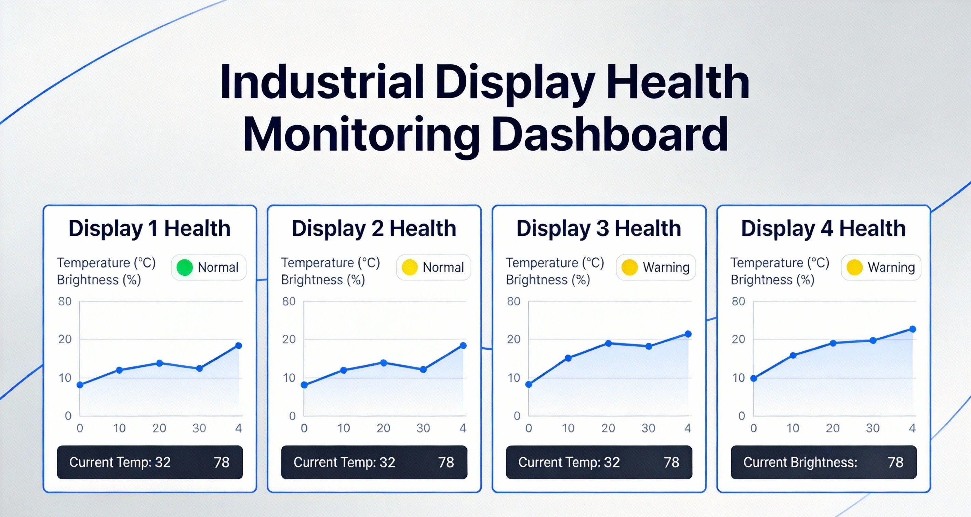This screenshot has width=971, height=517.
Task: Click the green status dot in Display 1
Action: click(185, 267)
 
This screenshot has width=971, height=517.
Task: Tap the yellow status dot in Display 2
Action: click(409, 267)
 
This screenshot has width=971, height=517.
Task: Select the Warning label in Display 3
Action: click(666, 267)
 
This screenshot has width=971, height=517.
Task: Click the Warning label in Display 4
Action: click(891, 267)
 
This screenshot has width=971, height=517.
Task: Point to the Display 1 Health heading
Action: click(149, 229)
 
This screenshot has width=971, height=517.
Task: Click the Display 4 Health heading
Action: click(823, 229)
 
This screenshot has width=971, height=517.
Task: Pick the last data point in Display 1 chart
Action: click(238, 346)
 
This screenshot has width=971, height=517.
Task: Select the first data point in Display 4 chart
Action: click(754, 378)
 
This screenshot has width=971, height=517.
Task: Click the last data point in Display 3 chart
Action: click(688, 334)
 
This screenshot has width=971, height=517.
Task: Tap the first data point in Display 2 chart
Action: click(304, 385)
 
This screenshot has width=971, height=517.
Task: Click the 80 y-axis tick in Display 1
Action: click(65, 301)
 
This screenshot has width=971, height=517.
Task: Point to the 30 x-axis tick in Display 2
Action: click(423, 428)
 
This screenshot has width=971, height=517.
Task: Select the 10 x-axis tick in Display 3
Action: click(568, 428)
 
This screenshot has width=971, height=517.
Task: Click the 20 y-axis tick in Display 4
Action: click(739, 339)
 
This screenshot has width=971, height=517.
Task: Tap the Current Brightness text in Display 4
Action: click(800, 462)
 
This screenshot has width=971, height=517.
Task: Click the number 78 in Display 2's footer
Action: click(446, 462)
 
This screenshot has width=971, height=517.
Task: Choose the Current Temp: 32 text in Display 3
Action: click(569, 462)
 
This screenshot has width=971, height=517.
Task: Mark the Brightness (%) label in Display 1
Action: click(99, 280)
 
